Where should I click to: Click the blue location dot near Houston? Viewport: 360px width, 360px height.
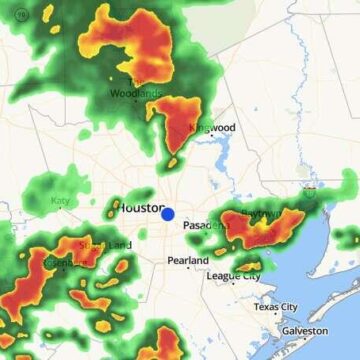[168, 214]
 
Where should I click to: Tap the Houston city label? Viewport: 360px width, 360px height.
[140, 208]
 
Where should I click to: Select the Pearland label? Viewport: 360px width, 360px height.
[188, 260]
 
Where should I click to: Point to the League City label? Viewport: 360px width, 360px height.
[233, 275]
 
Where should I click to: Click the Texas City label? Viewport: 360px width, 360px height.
[274, 306]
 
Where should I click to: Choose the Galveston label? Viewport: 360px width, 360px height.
[304, 330]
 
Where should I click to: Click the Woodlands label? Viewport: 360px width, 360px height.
[137, 95]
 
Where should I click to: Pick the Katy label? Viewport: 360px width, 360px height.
[61, 201]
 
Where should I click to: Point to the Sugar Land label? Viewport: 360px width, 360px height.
[104, 245]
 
